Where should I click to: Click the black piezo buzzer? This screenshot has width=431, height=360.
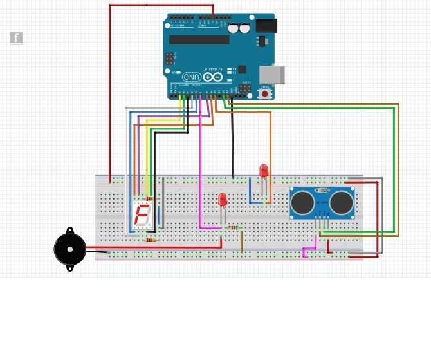[x=69, y=249]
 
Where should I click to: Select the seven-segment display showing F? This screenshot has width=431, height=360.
[x=143, y=214]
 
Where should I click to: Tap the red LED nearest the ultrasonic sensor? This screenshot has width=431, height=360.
[x=264, y=171]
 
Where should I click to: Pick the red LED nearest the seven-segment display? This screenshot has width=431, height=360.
[x=223, y=200]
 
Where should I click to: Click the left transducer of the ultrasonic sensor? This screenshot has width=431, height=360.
[x=302, y=203]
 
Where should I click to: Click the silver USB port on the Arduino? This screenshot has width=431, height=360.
[x=271, y=74]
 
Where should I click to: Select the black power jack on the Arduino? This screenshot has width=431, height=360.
[x=266, y=26]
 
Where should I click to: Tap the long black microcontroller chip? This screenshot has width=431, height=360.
[x=199, y=40]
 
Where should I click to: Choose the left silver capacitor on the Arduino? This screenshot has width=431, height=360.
[x=233, y=28]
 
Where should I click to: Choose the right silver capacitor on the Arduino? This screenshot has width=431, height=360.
[x=244, y=28]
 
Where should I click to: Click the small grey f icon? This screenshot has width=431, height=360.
[x=16, y=38]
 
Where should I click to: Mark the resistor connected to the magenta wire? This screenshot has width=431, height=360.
[x=234, y=227]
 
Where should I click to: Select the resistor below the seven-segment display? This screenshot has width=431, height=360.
[x=151, y=240]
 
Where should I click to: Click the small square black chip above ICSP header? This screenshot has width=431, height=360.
[x=242, y=70]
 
